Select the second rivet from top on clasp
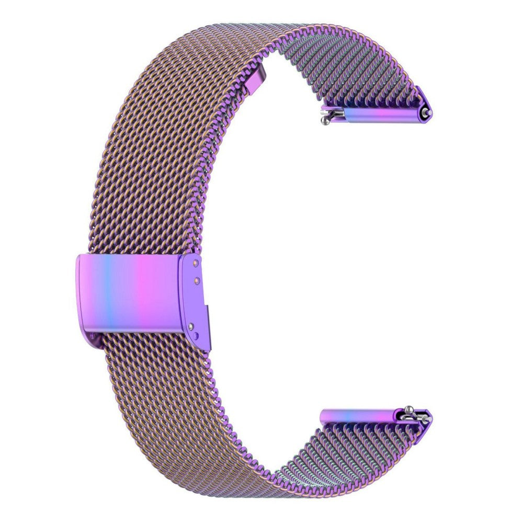[x=196, y=281]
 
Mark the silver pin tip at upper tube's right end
[x=429, y=112]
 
